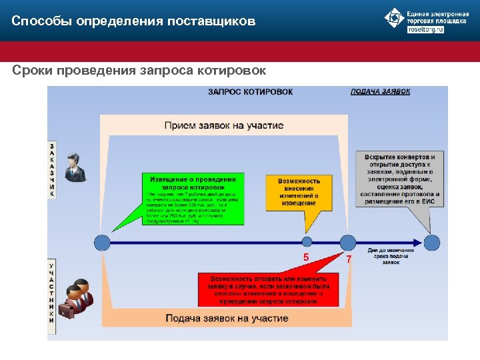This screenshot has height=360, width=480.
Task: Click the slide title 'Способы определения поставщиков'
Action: pyautogui.click(x=133, y=21)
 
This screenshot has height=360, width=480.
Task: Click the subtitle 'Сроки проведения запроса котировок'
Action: pyautogui.click(x=139, y=70)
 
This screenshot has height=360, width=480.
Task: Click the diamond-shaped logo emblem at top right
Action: pyautogui.click(x=395, y=19)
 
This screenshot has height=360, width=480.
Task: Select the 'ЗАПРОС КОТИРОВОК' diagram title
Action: pyautogui.click(x=250, y=91)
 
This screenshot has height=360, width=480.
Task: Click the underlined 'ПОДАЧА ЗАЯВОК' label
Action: pyautogui.click(x=380, y=91)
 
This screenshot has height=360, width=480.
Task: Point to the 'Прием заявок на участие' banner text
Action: pyautogui.click(x=223, y=125)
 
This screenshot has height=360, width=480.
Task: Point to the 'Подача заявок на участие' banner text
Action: pyautogui.click(x=227, y=318)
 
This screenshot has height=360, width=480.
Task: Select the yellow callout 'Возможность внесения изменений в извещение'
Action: pyautogui.click(x=299, y=191)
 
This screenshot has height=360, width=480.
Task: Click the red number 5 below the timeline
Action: pyautogui.click(x=306, y=257)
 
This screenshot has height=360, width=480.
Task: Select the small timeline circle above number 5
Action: pyautogui.click(x=307, y=242)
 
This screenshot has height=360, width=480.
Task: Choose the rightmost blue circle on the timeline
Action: pyautogui.click(x=432, y=242)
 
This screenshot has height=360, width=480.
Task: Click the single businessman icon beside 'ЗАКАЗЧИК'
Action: pyautogui.click(x=75, y=167)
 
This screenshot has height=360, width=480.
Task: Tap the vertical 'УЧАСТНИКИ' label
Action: pyautogui.click(x=53, y=293)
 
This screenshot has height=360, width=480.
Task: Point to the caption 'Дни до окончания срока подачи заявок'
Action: pyautogui.click(x=391, y=257)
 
